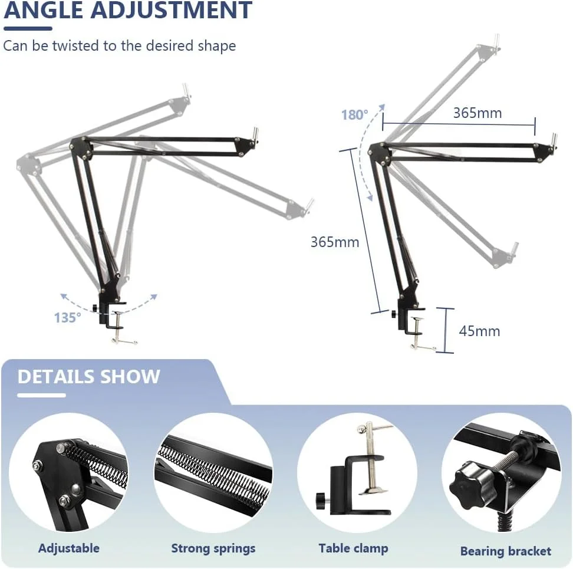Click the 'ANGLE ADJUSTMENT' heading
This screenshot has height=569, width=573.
(128, 9)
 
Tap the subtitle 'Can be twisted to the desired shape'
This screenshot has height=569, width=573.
(120, 46)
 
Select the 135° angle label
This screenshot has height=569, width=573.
(68, 318)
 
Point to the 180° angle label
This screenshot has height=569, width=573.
(354, 114)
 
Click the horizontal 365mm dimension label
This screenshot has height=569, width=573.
(477, 113)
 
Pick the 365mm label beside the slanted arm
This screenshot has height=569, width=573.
(335, 242)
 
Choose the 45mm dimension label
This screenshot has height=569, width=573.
(479, 331)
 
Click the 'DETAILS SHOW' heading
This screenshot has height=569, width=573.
(89, 376)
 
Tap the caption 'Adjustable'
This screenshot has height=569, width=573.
(69, 548)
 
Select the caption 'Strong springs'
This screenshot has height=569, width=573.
(213, 548)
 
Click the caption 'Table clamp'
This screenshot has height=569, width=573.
(353, 548)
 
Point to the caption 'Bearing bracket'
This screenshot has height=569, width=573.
(506, 551)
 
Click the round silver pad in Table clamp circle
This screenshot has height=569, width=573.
(371, 491)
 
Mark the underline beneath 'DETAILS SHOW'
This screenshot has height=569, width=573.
(42, 395)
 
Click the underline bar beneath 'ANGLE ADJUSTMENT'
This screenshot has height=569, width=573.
(28, 28)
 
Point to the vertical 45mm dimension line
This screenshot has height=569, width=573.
(446, 331)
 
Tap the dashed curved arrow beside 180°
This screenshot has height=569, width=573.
(362, 152)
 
